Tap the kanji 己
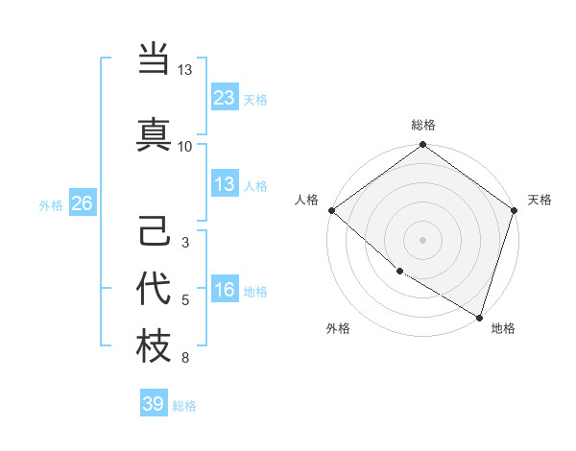(154, 232)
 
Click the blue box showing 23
(224, 98)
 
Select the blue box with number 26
(82, 203)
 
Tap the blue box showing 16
(224, 291)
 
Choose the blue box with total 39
(153, 404)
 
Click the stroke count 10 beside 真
(185, 146)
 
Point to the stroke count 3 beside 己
(185, 243)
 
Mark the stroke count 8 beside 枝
(185, 359)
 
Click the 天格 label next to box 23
(255, 99)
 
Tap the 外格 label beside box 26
(51, 204)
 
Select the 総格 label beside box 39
(184, 405)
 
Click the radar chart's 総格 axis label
(423, 125)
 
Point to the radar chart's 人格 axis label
(306, 200)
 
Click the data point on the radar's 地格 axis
(480, 317)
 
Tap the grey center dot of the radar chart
(423, 239)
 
